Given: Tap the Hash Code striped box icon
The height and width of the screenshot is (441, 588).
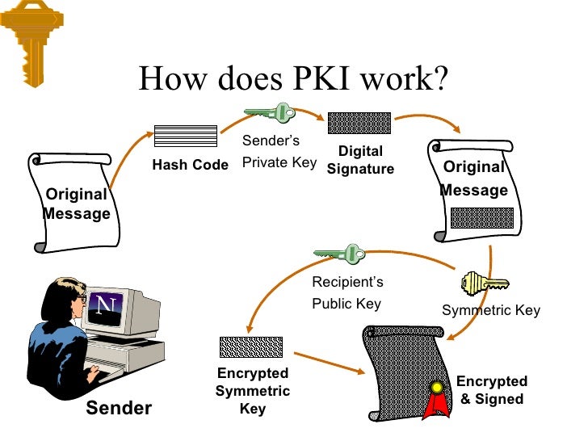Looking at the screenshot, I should [186, 136].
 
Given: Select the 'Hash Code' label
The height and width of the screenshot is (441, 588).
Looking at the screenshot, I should [191, 165].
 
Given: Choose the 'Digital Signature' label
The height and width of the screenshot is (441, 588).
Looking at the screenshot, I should [360, 160].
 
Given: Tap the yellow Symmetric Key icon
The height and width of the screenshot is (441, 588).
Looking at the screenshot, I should [484, 283].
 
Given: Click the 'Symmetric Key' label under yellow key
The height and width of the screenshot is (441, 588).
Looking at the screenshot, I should [490, 310].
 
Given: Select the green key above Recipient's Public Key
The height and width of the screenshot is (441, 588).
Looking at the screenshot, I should [340, 254].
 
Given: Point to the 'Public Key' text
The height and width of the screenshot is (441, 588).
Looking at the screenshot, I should [346, 304].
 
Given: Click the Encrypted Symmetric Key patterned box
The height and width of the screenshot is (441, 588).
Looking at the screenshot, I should [251, 346].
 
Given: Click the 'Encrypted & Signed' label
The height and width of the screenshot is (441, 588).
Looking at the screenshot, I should [492, 390].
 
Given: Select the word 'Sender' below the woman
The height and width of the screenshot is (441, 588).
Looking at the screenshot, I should [119, 408].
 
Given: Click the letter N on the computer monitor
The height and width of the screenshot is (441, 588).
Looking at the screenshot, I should [104, 304].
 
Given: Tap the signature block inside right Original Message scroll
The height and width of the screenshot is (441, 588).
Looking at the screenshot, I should [481, 218].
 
